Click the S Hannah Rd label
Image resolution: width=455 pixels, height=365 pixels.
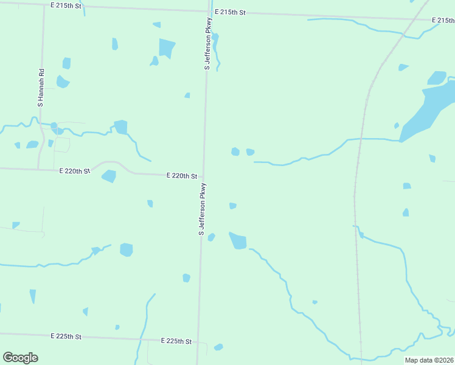click(x=41, y=88)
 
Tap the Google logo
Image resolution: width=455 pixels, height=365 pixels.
click(x=20, y=358)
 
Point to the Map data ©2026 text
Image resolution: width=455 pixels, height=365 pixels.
click(x=429, y=360)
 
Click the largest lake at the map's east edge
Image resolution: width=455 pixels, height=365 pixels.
click(x=426, y=109)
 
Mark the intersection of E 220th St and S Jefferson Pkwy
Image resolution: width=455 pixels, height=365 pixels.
click(x=204, y=176)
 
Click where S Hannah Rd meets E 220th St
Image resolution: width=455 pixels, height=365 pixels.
click(x=38, y=169)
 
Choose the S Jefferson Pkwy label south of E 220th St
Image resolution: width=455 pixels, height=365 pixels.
click(x=203, y=209)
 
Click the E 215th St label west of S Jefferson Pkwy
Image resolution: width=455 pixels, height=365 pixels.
click(x=66, y=5)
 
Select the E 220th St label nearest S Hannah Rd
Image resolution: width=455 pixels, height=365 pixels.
click(x=75, y=172)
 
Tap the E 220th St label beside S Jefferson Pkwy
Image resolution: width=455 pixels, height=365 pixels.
click(x=182, y=176)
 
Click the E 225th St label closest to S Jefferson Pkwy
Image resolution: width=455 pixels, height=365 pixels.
click(x=176, y=341)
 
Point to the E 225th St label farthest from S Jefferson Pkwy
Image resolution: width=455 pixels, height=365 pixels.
click(x=66, y=336)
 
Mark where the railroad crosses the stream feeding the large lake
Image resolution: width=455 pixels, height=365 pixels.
click(x=361, y=139)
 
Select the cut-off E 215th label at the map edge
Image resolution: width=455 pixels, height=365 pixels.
click(x=443, y=20)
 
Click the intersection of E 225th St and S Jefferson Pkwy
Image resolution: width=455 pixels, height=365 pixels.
click(x=197, y=342)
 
